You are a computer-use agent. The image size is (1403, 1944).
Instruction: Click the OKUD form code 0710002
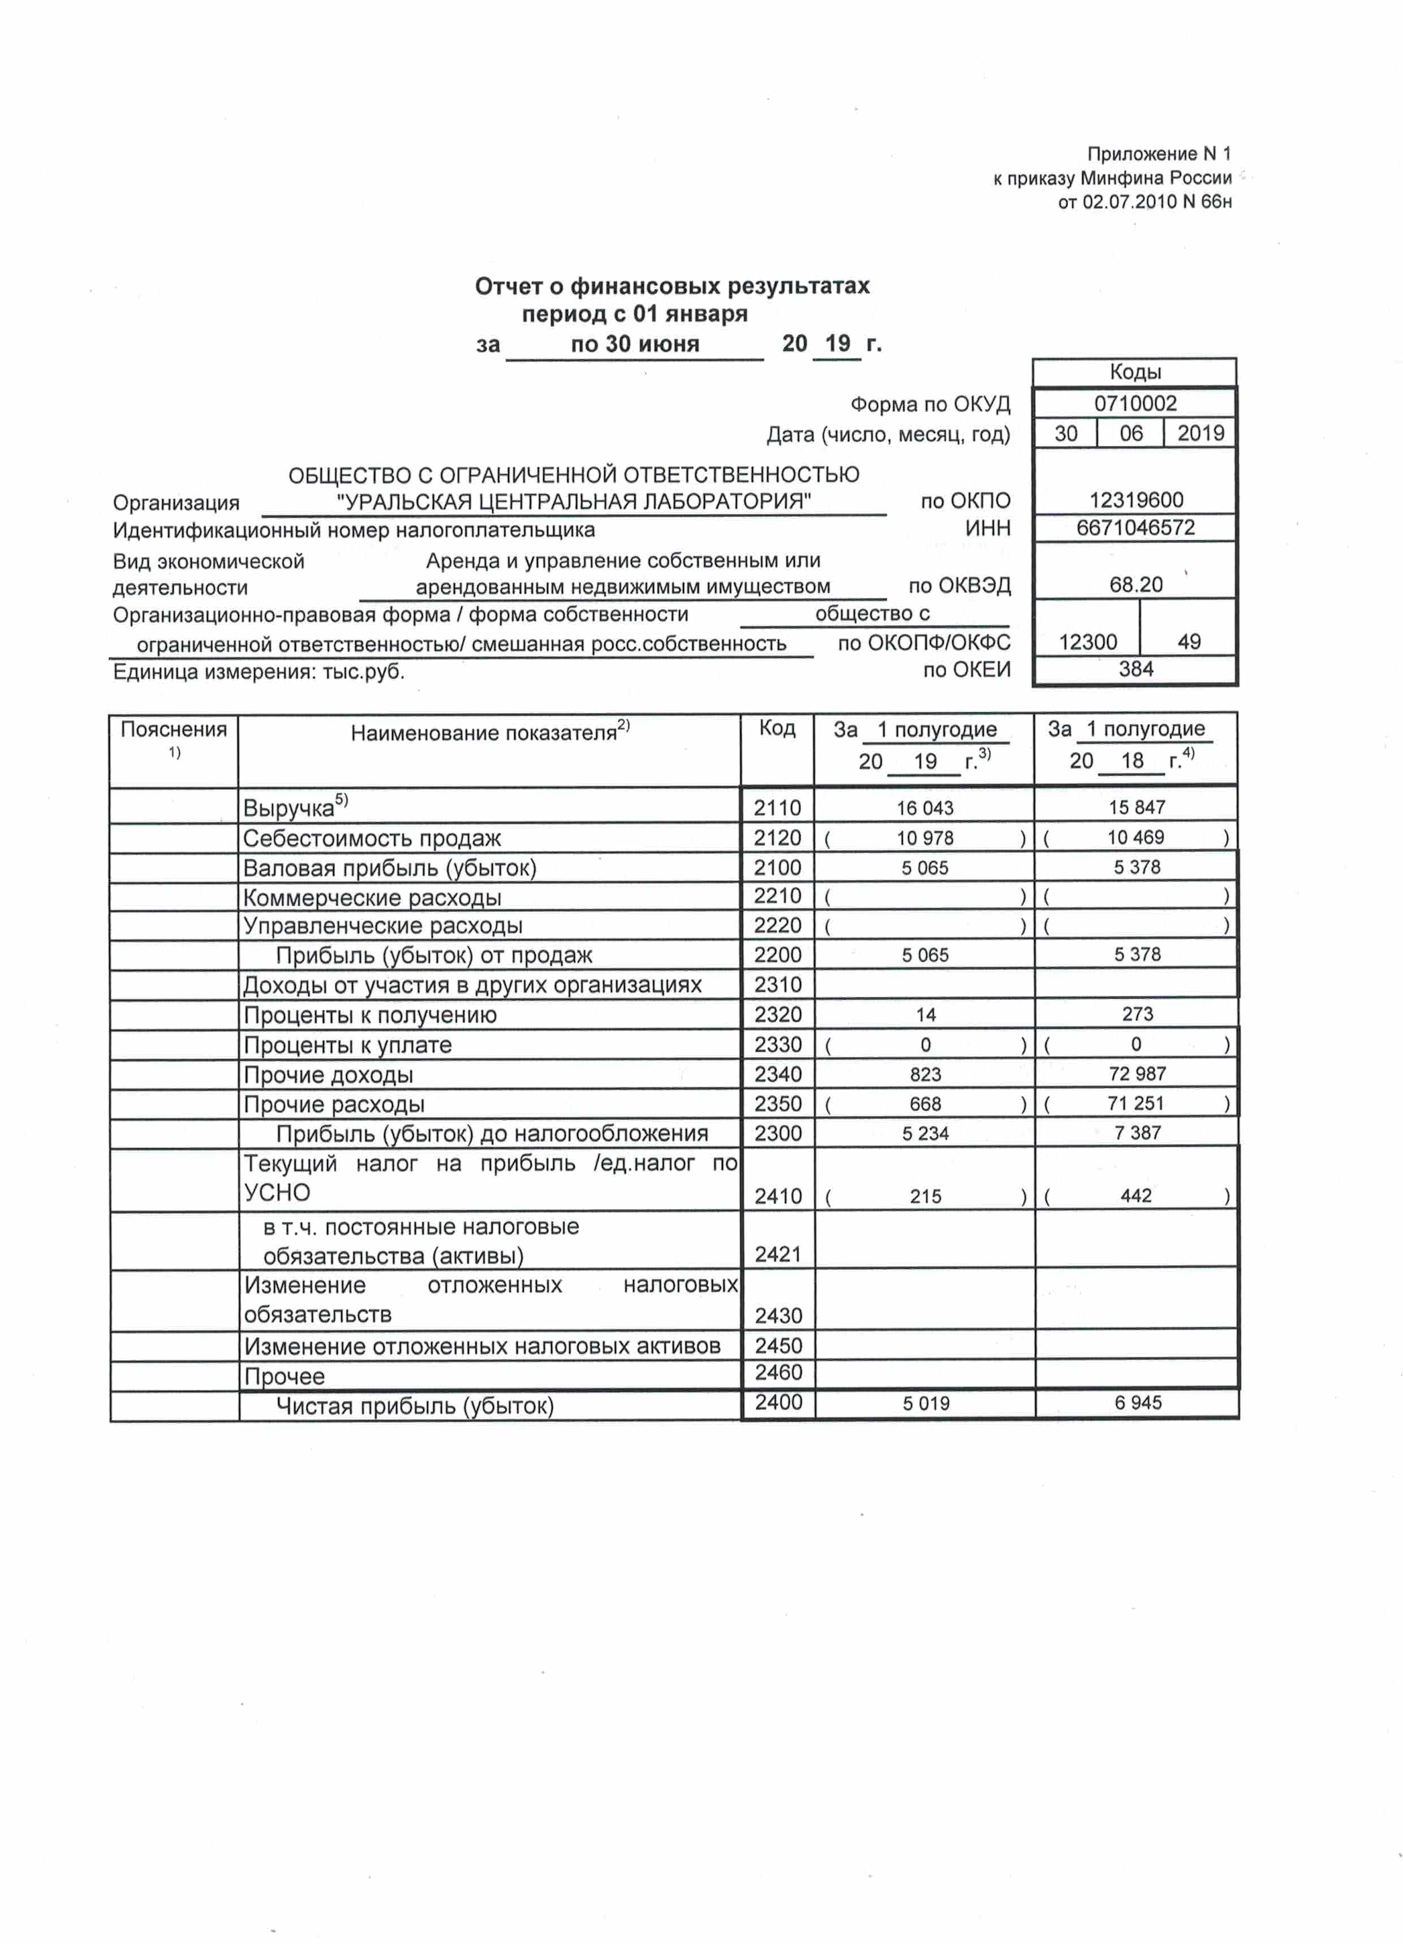pos(1135,404)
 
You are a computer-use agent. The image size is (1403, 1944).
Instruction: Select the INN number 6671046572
pos(1135,527)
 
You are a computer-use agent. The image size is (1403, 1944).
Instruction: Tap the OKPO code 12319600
pos(1135,500)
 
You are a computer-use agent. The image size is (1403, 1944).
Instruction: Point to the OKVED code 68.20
pos(1135,584)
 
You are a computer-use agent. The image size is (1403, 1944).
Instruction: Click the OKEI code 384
pos(1135,669)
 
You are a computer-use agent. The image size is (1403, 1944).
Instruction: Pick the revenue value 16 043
pos(925,807)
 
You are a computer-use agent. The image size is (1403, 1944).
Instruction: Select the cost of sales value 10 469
pos(1135,837)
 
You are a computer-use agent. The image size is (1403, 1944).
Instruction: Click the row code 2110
pos(777,807)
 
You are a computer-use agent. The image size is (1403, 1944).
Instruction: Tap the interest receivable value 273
pos(1137,1014)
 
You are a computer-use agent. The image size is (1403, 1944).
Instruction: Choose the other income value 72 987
pos(1137,1073)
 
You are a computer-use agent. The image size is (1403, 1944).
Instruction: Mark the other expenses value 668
pos(926,1104)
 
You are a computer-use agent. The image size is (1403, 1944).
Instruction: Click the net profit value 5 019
pos(926,1403)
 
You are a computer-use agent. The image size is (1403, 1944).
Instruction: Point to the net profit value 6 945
pos(1137,1403)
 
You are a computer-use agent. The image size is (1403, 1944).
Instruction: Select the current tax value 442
pos(1135,1195)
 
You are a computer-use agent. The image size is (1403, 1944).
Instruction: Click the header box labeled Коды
pos(1135,372)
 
